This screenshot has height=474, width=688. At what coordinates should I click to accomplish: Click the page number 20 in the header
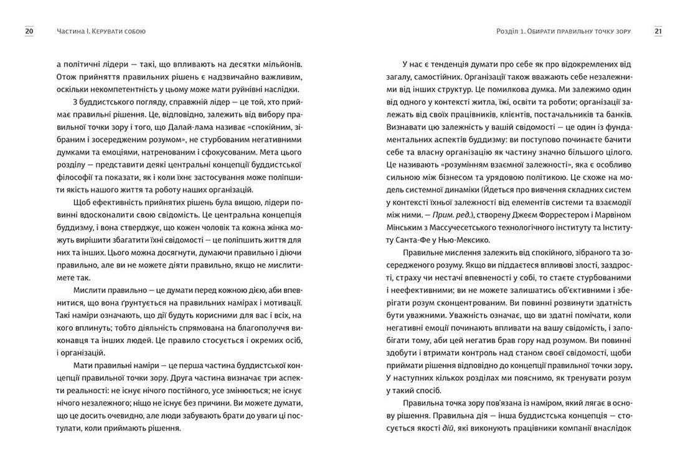tap(29, 31)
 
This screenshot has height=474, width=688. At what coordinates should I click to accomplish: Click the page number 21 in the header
tap(658, 31)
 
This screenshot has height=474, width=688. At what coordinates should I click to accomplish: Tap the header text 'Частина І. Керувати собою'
tap(105, 31)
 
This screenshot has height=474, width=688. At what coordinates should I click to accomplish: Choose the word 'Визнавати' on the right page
tap(406, 128)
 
